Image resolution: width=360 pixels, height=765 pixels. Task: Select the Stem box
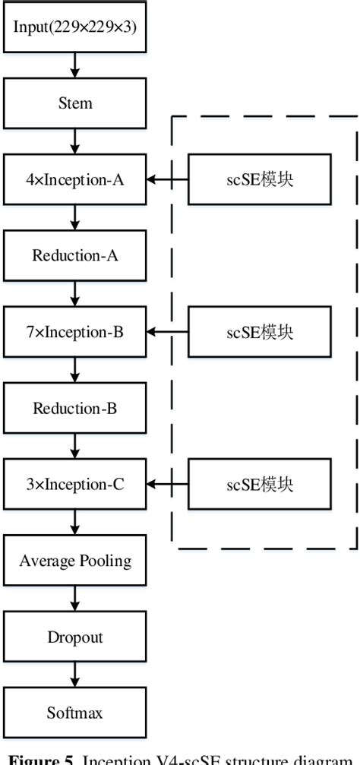pyautogui.click(x=74, y=103)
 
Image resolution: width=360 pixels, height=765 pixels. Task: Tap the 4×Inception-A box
pyautogui.click(x=74, y=179)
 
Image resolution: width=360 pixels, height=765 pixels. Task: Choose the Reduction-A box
pyautogui.click(x=74, y=255)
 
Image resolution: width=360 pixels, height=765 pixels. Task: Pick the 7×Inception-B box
pyautogui.click(x=74, y=332)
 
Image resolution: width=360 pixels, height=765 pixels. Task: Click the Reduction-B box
pyautogui.click(x=74, y=408)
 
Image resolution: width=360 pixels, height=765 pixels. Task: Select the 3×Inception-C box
pyautogui.click(x=74, y=484)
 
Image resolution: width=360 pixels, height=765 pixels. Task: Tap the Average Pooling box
pyautogui.click(x=74, y=561)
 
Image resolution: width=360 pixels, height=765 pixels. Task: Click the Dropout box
pyautogui.click(x=74, y=637)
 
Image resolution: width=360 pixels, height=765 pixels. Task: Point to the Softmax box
pyautogui.click(x=74, y=713)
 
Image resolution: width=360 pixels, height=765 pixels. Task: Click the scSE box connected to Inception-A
pyautogui.click(x=259, y=179)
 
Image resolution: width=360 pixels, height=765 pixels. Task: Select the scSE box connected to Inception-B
pyautogui.click(x=259, y=332)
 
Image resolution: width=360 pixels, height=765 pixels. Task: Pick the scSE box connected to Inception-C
pyautogui.click(x=259, y=484)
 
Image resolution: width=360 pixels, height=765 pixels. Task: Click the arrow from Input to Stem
pyautogui.click(x=74, y=65)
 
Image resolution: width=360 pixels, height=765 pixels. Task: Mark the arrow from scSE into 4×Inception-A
pyautogui.click(x=166, y=179)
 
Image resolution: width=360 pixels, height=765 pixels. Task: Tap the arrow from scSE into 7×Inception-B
pyautogui.click(x=166, y=332)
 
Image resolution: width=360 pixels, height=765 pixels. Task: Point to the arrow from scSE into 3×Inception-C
pyautogui.click(x=166, y=484)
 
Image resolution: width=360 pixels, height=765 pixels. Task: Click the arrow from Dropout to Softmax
pyautogui.click(x=74, y=675)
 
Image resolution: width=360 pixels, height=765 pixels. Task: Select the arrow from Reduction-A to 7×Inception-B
pyautogui.click(x=74, y=293)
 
